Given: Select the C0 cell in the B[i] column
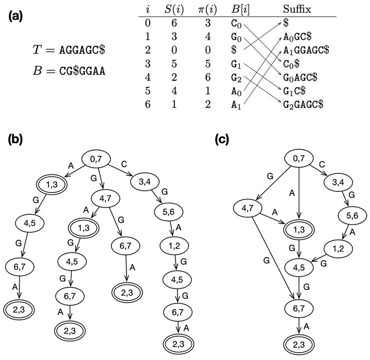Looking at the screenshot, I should (236, 24).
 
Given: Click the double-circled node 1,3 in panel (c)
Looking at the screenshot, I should (298, 230).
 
